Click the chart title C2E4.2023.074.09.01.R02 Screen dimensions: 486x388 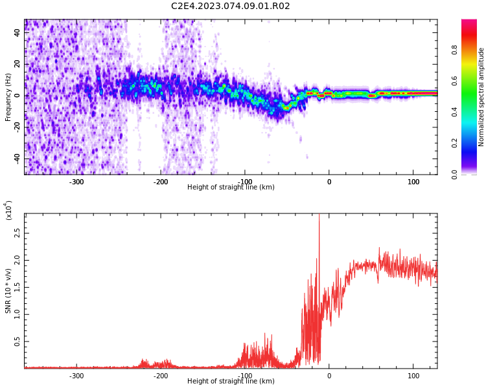pos(230,6)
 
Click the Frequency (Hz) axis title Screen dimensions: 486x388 pos(8,97)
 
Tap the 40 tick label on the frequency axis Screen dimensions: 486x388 pos(17,32)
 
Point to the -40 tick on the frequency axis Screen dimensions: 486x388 pos(17,159)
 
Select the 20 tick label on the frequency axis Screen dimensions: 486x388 pos(17,64)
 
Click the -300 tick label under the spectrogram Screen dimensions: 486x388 pos(76,182)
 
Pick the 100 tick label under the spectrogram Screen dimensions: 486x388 pos(413,182)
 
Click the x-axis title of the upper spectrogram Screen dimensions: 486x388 pos(231,187)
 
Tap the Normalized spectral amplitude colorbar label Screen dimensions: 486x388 pos(481,97)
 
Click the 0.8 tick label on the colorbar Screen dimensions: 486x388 pos(454,50)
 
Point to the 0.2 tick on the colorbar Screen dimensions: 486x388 pos(454,144)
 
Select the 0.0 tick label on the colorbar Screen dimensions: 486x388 pos(454,175)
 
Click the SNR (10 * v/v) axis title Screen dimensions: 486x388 pos(8,291)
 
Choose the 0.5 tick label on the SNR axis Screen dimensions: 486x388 pos(17,341)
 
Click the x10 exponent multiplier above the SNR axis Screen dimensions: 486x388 pos(8,210)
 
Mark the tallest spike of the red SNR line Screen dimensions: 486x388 pos(319,215)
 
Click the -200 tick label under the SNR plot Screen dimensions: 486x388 pos(161,376)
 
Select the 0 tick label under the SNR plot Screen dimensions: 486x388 pos(329,376)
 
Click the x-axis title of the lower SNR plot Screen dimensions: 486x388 pos(231,381)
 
